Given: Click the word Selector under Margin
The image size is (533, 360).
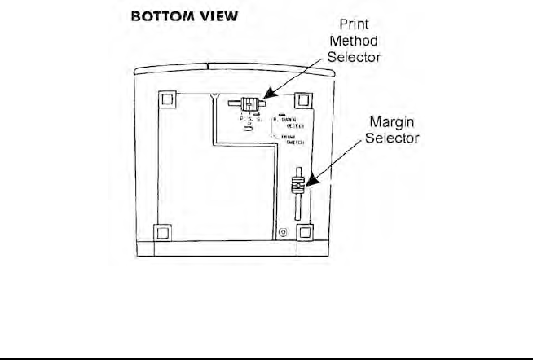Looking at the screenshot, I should (392, 138).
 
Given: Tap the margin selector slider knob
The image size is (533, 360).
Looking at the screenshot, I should (299, 184).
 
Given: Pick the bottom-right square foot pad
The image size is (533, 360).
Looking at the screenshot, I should (305, 232).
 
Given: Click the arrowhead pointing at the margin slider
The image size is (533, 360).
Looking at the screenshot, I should (308, 184).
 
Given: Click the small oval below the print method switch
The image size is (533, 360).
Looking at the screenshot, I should (248, 129).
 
